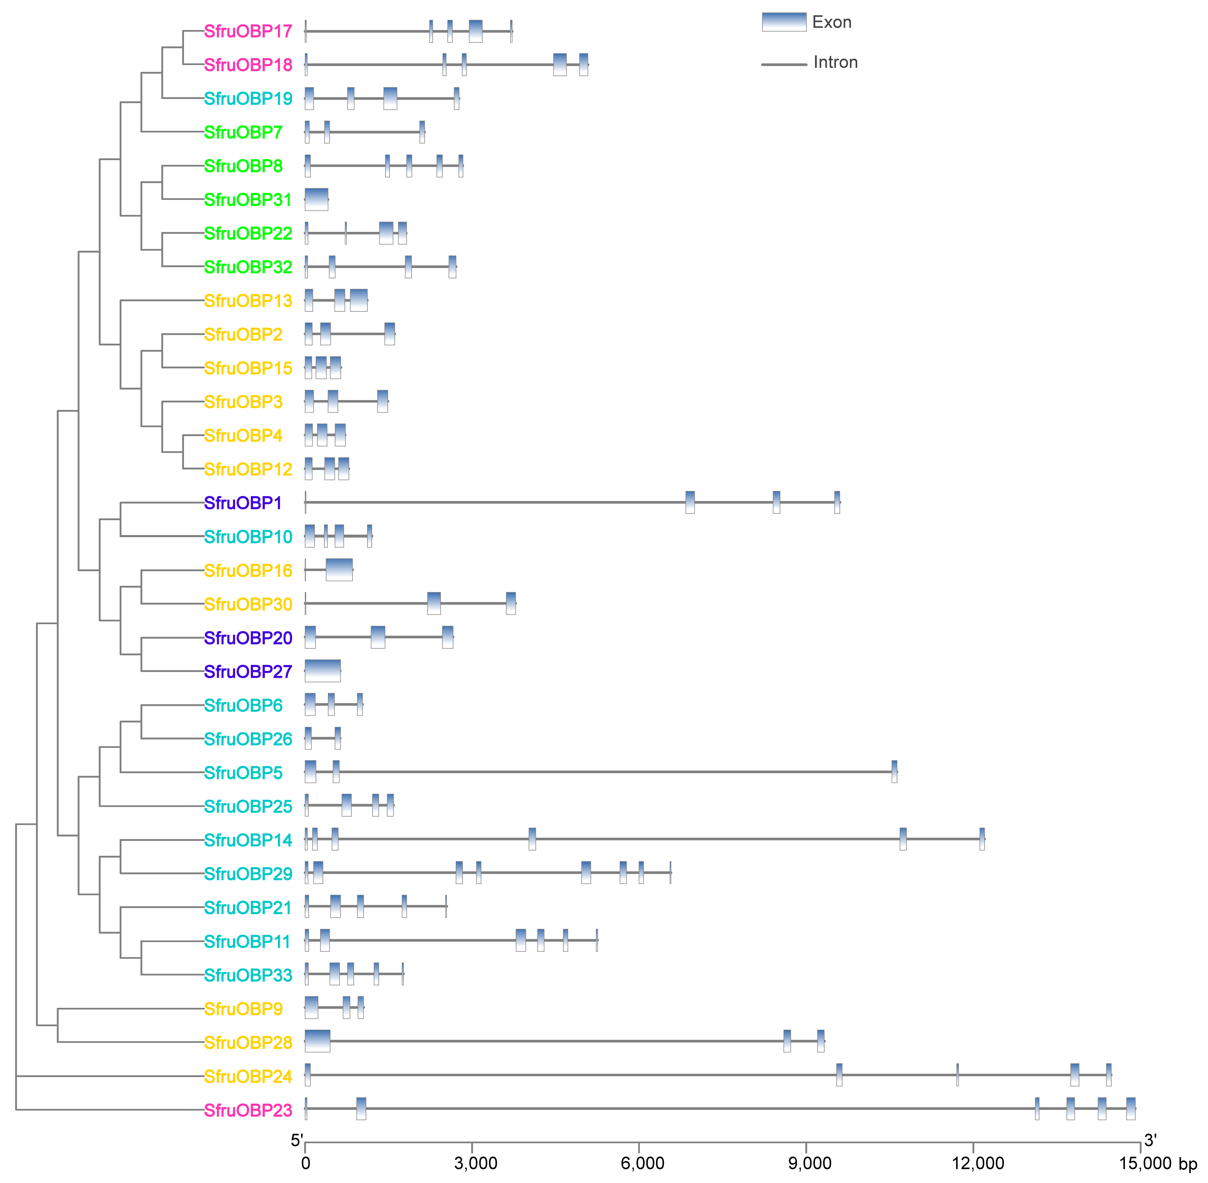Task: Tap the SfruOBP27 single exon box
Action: point(322,671)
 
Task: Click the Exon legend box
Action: point(784,22)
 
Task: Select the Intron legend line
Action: point(784,64)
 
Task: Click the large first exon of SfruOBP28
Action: point(317,1041)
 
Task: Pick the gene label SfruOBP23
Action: point(248,1110)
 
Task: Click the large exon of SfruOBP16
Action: point(339,570)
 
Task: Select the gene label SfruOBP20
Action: point(248,638)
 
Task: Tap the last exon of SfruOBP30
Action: point(510,603)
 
